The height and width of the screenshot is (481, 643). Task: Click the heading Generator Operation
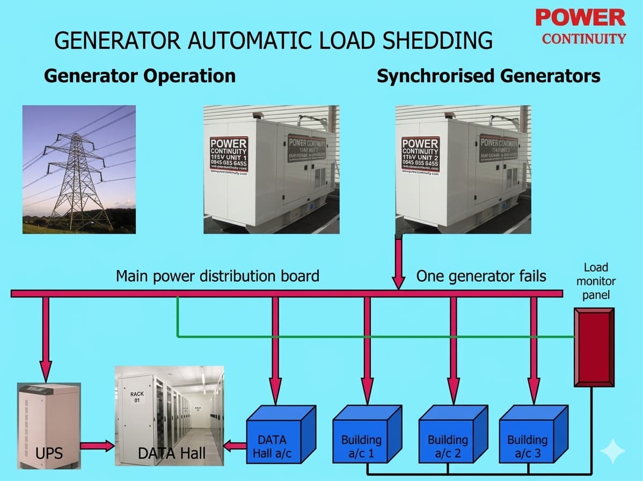(140, 76)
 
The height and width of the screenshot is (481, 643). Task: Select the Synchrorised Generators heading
(488, 76)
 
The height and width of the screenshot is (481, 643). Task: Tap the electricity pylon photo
(79, 169)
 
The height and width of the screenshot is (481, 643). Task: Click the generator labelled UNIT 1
(271, 169)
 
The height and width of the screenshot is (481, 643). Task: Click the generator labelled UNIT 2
(463, 169)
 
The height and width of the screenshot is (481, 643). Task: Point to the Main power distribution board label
(217, 276)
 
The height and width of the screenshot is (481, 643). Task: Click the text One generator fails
(481, 276)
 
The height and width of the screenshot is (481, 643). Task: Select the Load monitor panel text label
(596, 281)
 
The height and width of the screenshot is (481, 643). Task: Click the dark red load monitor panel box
(594, 347)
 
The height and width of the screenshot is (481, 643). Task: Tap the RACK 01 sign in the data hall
(137, 397)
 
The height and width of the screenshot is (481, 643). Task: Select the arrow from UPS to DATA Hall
(97, 445)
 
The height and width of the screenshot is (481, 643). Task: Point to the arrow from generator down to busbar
(398, 263)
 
